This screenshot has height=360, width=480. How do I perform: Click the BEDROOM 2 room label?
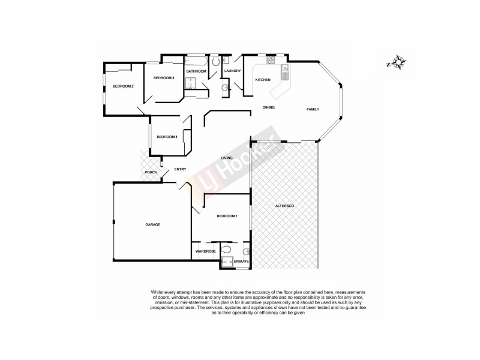[123, 86]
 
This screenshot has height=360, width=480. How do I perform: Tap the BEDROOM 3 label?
[163, 78]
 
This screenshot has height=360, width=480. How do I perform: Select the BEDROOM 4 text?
[167, 137]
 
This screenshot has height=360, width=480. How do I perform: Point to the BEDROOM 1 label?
[227, 216]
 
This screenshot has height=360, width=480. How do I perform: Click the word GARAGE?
[152, 224]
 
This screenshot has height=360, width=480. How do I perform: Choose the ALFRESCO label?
[284, 206]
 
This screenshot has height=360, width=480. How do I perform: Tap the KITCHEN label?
[263, 80]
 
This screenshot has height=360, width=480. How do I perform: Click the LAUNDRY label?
[232, 71]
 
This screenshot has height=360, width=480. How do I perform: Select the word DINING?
[268, 107]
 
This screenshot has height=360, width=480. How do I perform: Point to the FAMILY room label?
[313, 109]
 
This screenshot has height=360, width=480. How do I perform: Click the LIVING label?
[227, 157]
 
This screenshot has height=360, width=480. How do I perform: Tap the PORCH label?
[151, 173]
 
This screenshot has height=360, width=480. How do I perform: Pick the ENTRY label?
[180, 169]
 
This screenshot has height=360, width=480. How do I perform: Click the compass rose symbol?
[397, 62]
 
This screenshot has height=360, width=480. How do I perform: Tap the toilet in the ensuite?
[226, 250]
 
